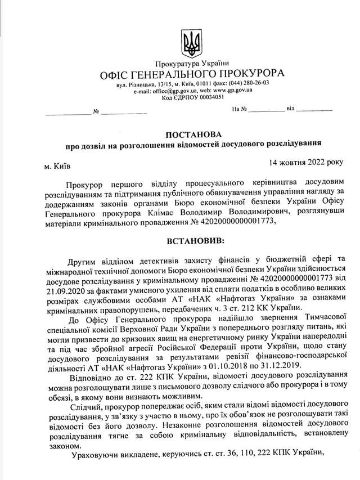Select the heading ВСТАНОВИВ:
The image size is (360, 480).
(195, 241)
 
